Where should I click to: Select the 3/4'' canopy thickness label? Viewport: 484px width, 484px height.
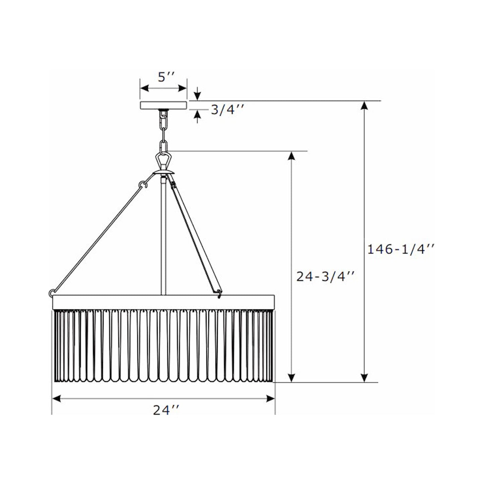[x=226, y=110]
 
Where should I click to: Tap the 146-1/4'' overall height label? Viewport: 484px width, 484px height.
[x=401, y=249]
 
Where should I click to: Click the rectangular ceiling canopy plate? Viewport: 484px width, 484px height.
[x=163, y=105]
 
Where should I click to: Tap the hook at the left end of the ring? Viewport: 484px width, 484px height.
[x=52, y=293]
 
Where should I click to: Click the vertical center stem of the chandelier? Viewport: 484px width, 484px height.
[x=163, y=234]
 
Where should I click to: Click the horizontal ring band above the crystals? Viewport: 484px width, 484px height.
[x=163, y=302]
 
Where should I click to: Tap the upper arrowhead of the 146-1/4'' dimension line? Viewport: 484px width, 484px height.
[x=364, y=107]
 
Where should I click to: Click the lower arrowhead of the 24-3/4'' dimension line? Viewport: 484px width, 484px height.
[x=292, y=377]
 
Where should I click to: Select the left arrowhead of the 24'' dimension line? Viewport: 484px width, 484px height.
[x=56, y=399]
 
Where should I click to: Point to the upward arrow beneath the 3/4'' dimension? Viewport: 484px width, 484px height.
[x=198, y=115]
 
